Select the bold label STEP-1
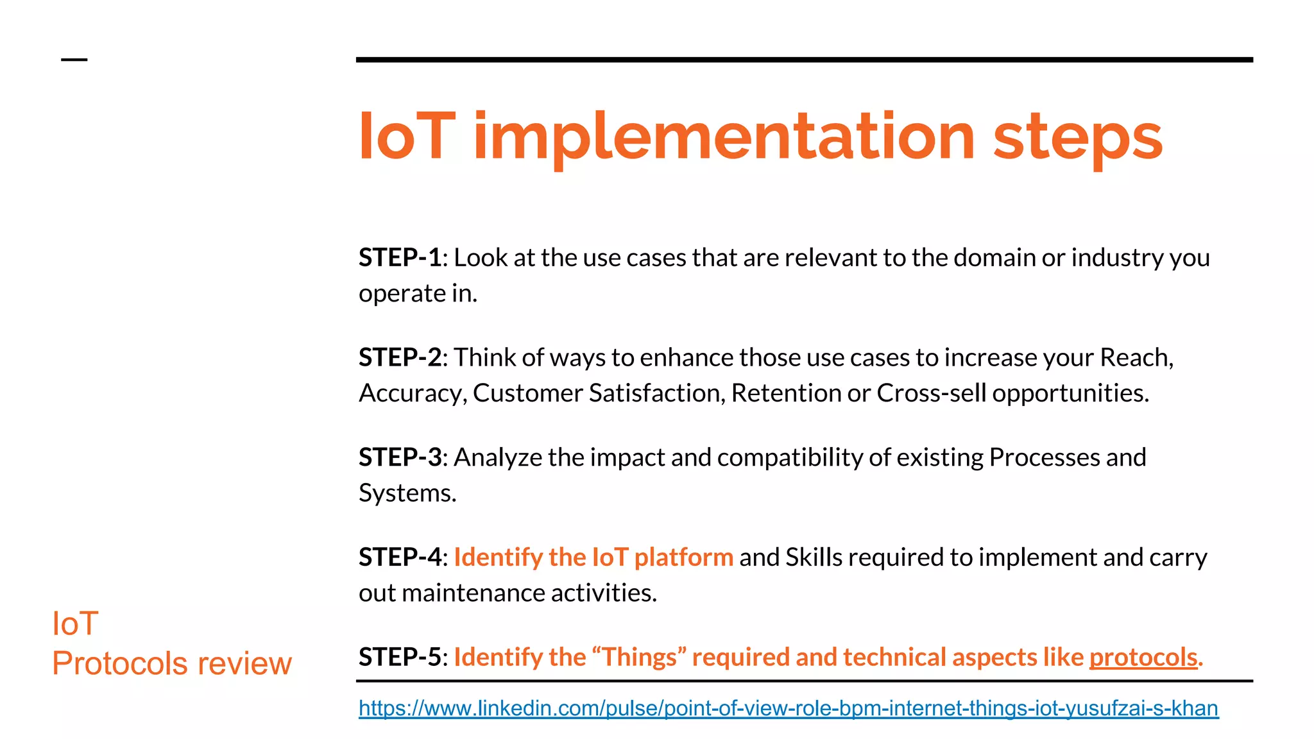click(x=400, y=258)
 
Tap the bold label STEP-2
click(x=400, y=357)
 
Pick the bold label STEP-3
click(x=400, y=457)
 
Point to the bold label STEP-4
click(x=400, y=557)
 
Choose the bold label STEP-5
click(x=400, y=657)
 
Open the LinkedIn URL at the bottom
click(x=788, y=708)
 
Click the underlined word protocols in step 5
click(x=1143, y=658)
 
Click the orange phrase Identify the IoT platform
click(x=593, y=557)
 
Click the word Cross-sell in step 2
click(x=931, y=393)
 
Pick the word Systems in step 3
click(x=407, y=493)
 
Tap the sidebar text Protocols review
click(x=171, y=663)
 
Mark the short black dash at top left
click(x=74, y=60)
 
